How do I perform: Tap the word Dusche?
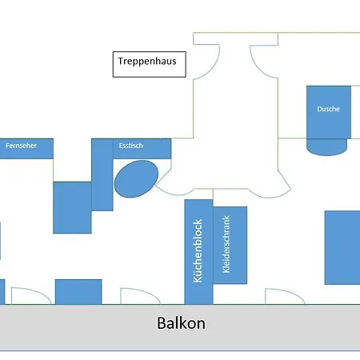point(328,110)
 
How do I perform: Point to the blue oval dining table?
point(136,178)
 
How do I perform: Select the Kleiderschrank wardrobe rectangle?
point(230,245)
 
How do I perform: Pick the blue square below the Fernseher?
point(72,207)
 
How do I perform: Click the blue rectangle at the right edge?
point(342,247)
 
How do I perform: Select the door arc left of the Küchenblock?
point(134,295)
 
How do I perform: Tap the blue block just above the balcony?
point(78,291)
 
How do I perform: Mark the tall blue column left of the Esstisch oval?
point(102,174)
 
